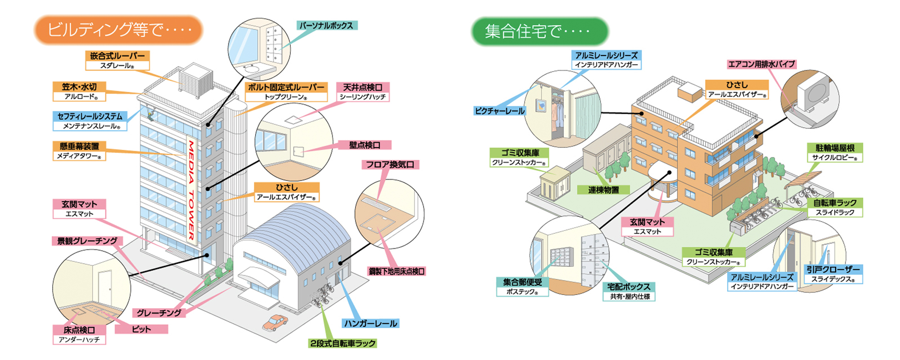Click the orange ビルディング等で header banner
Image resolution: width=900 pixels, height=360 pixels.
[119, 30]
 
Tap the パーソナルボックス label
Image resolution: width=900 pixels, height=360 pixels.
[326, 26]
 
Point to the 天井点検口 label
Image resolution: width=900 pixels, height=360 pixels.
[362, 87]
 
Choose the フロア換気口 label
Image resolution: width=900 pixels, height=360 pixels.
[390, 165]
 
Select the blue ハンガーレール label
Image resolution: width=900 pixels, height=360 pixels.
[370, 324]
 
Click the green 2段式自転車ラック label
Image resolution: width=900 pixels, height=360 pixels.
[342, 343]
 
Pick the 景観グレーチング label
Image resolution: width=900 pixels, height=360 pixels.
[87, 241]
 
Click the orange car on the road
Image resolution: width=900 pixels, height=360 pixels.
[275, 322]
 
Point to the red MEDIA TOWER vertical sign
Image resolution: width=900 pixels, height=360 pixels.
[191, 189]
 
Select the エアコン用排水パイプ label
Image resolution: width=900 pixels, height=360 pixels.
[761, 64]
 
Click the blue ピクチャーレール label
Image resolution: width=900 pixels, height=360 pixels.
[500, 111]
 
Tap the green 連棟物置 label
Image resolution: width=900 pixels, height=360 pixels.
[603, 190]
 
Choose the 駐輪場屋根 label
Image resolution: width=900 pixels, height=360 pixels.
[835, 148]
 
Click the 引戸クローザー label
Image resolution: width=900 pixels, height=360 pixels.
[833, 270]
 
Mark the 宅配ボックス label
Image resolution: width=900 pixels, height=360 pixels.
[629, 287]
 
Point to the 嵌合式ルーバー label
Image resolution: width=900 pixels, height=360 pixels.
[117, 56]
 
